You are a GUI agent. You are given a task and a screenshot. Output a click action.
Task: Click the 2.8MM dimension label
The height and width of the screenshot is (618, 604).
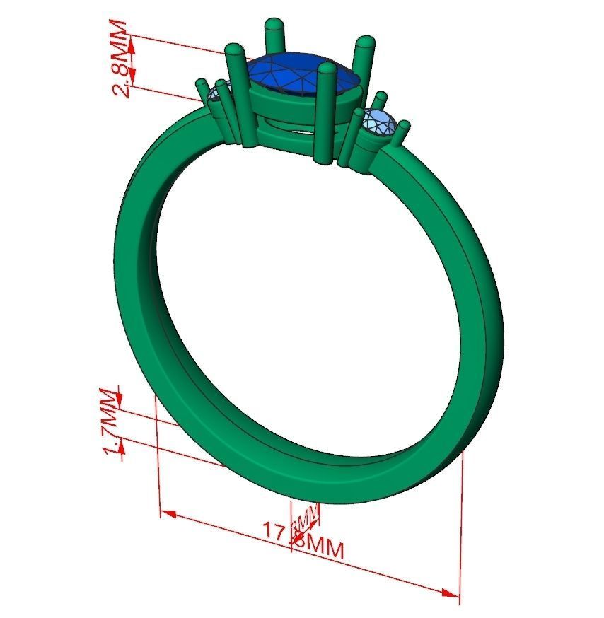121,60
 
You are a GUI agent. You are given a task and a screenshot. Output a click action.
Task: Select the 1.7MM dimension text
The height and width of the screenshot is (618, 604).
110,422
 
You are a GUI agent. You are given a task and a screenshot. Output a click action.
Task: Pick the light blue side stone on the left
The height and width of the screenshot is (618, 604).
214,94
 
